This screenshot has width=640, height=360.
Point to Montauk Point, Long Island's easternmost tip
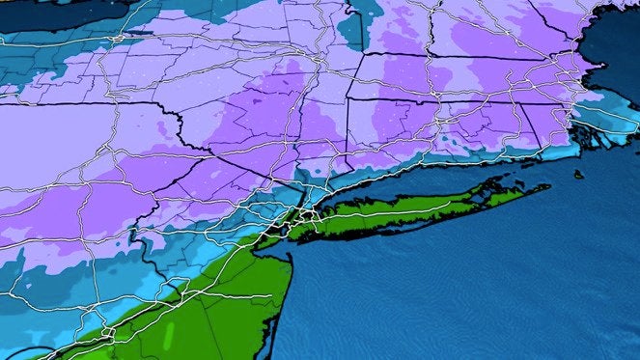pyautogui.click(x=548, y=186)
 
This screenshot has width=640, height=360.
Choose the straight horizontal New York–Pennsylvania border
pyautogui.click(x=87, y=102)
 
